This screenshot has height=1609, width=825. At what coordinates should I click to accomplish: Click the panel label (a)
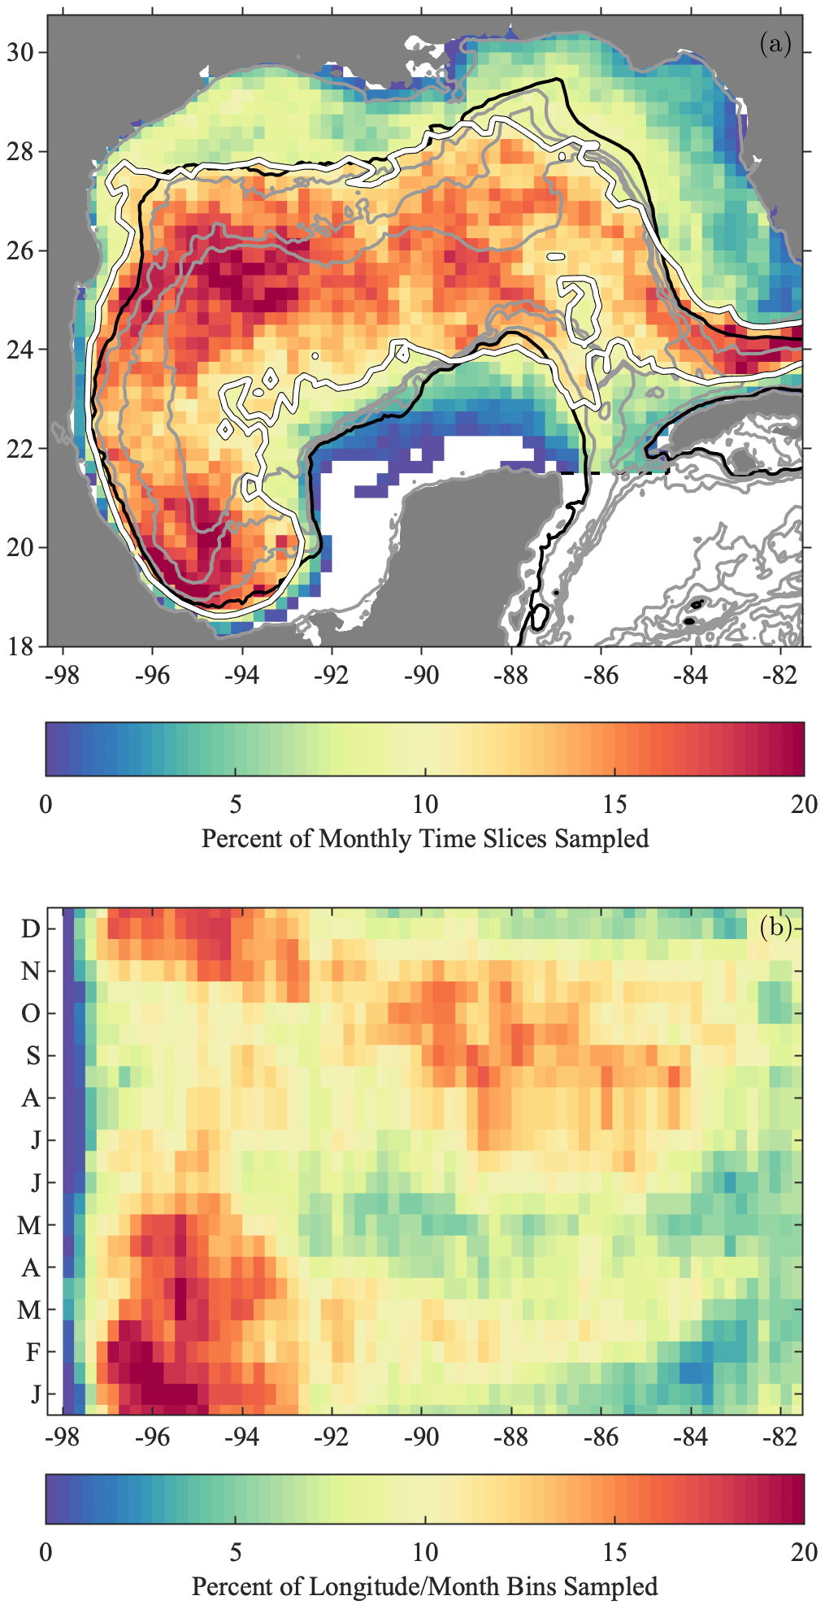click(775, 43)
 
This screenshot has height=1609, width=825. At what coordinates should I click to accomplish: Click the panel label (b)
click(775, 927)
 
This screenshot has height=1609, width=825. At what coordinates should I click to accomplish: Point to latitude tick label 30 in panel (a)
click(21, 53)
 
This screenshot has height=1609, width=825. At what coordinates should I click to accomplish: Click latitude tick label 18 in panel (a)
click(21, 647)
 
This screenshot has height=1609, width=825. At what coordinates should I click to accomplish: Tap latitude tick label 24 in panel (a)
click(21, 350)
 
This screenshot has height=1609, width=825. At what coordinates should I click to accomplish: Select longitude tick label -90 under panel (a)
click(421, 676)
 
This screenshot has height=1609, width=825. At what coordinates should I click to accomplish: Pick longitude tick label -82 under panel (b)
click(780, 1437)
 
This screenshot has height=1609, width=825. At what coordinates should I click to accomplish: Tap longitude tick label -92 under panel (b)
click(331, 1437)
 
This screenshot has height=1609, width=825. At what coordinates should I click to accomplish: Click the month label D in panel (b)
click(30, 928)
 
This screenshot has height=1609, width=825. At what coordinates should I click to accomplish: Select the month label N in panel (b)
click(30, 971)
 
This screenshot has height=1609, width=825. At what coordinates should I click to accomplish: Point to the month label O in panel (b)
click(30, 1013)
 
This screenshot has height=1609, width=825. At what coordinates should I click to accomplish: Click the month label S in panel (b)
click(33, 1055)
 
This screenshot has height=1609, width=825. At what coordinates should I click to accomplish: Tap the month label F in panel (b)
click(33, 1352)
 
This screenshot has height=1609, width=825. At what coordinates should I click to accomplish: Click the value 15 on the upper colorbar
click(614, 804)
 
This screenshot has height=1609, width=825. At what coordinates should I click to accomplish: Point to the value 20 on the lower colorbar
click(804, 1552)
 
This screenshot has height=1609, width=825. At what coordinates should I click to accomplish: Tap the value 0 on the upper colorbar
click(46, 804)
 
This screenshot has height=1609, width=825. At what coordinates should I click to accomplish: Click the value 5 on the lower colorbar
click(236, 1552)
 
